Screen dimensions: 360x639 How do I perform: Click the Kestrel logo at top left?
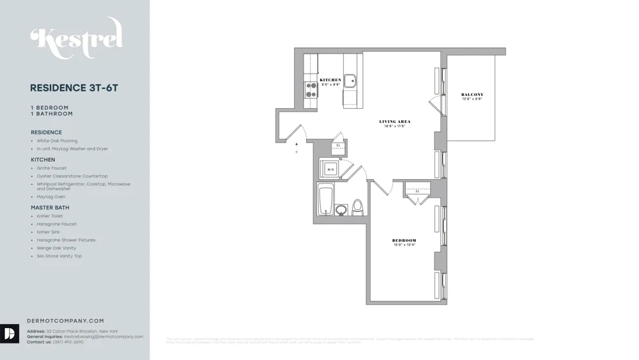click(76, 38)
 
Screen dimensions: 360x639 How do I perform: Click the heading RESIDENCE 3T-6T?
click(74, 88)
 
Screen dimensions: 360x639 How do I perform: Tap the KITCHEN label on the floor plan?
click(330, 80)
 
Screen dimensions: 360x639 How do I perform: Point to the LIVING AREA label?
click(394, 121)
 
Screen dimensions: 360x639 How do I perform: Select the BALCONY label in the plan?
click(472, 95)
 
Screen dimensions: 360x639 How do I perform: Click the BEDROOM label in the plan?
click(404, 241)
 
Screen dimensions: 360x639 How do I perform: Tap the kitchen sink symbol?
click(350, 81)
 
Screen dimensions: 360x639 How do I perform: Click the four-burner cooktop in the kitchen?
click(311, 90)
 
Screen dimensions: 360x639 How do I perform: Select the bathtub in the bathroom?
click(325, 200)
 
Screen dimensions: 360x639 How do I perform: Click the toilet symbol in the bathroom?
click(357, 207)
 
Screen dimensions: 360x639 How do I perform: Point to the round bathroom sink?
click(341, 210)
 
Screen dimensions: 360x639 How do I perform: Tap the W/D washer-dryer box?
click(330, 169)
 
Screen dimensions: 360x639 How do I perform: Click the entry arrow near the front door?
click(296, 145)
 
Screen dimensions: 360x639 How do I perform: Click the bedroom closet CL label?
click(417, 191)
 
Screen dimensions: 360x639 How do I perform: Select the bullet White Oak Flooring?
click(57, 141)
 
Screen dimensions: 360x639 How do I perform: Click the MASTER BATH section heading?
click(50, 208)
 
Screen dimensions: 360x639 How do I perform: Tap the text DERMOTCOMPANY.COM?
click(65, 321)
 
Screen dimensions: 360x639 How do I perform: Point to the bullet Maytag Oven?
click(51, 197)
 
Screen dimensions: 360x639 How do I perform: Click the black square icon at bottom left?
click(10, 334)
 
